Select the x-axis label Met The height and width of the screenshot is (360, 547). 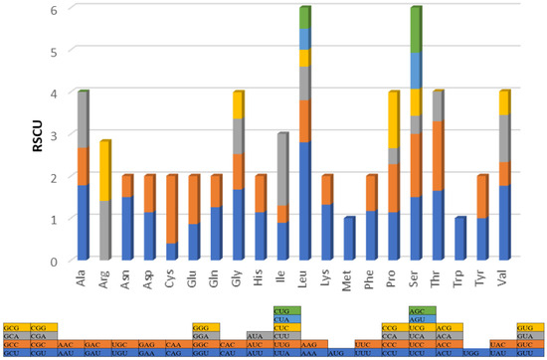coord(351,275)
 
